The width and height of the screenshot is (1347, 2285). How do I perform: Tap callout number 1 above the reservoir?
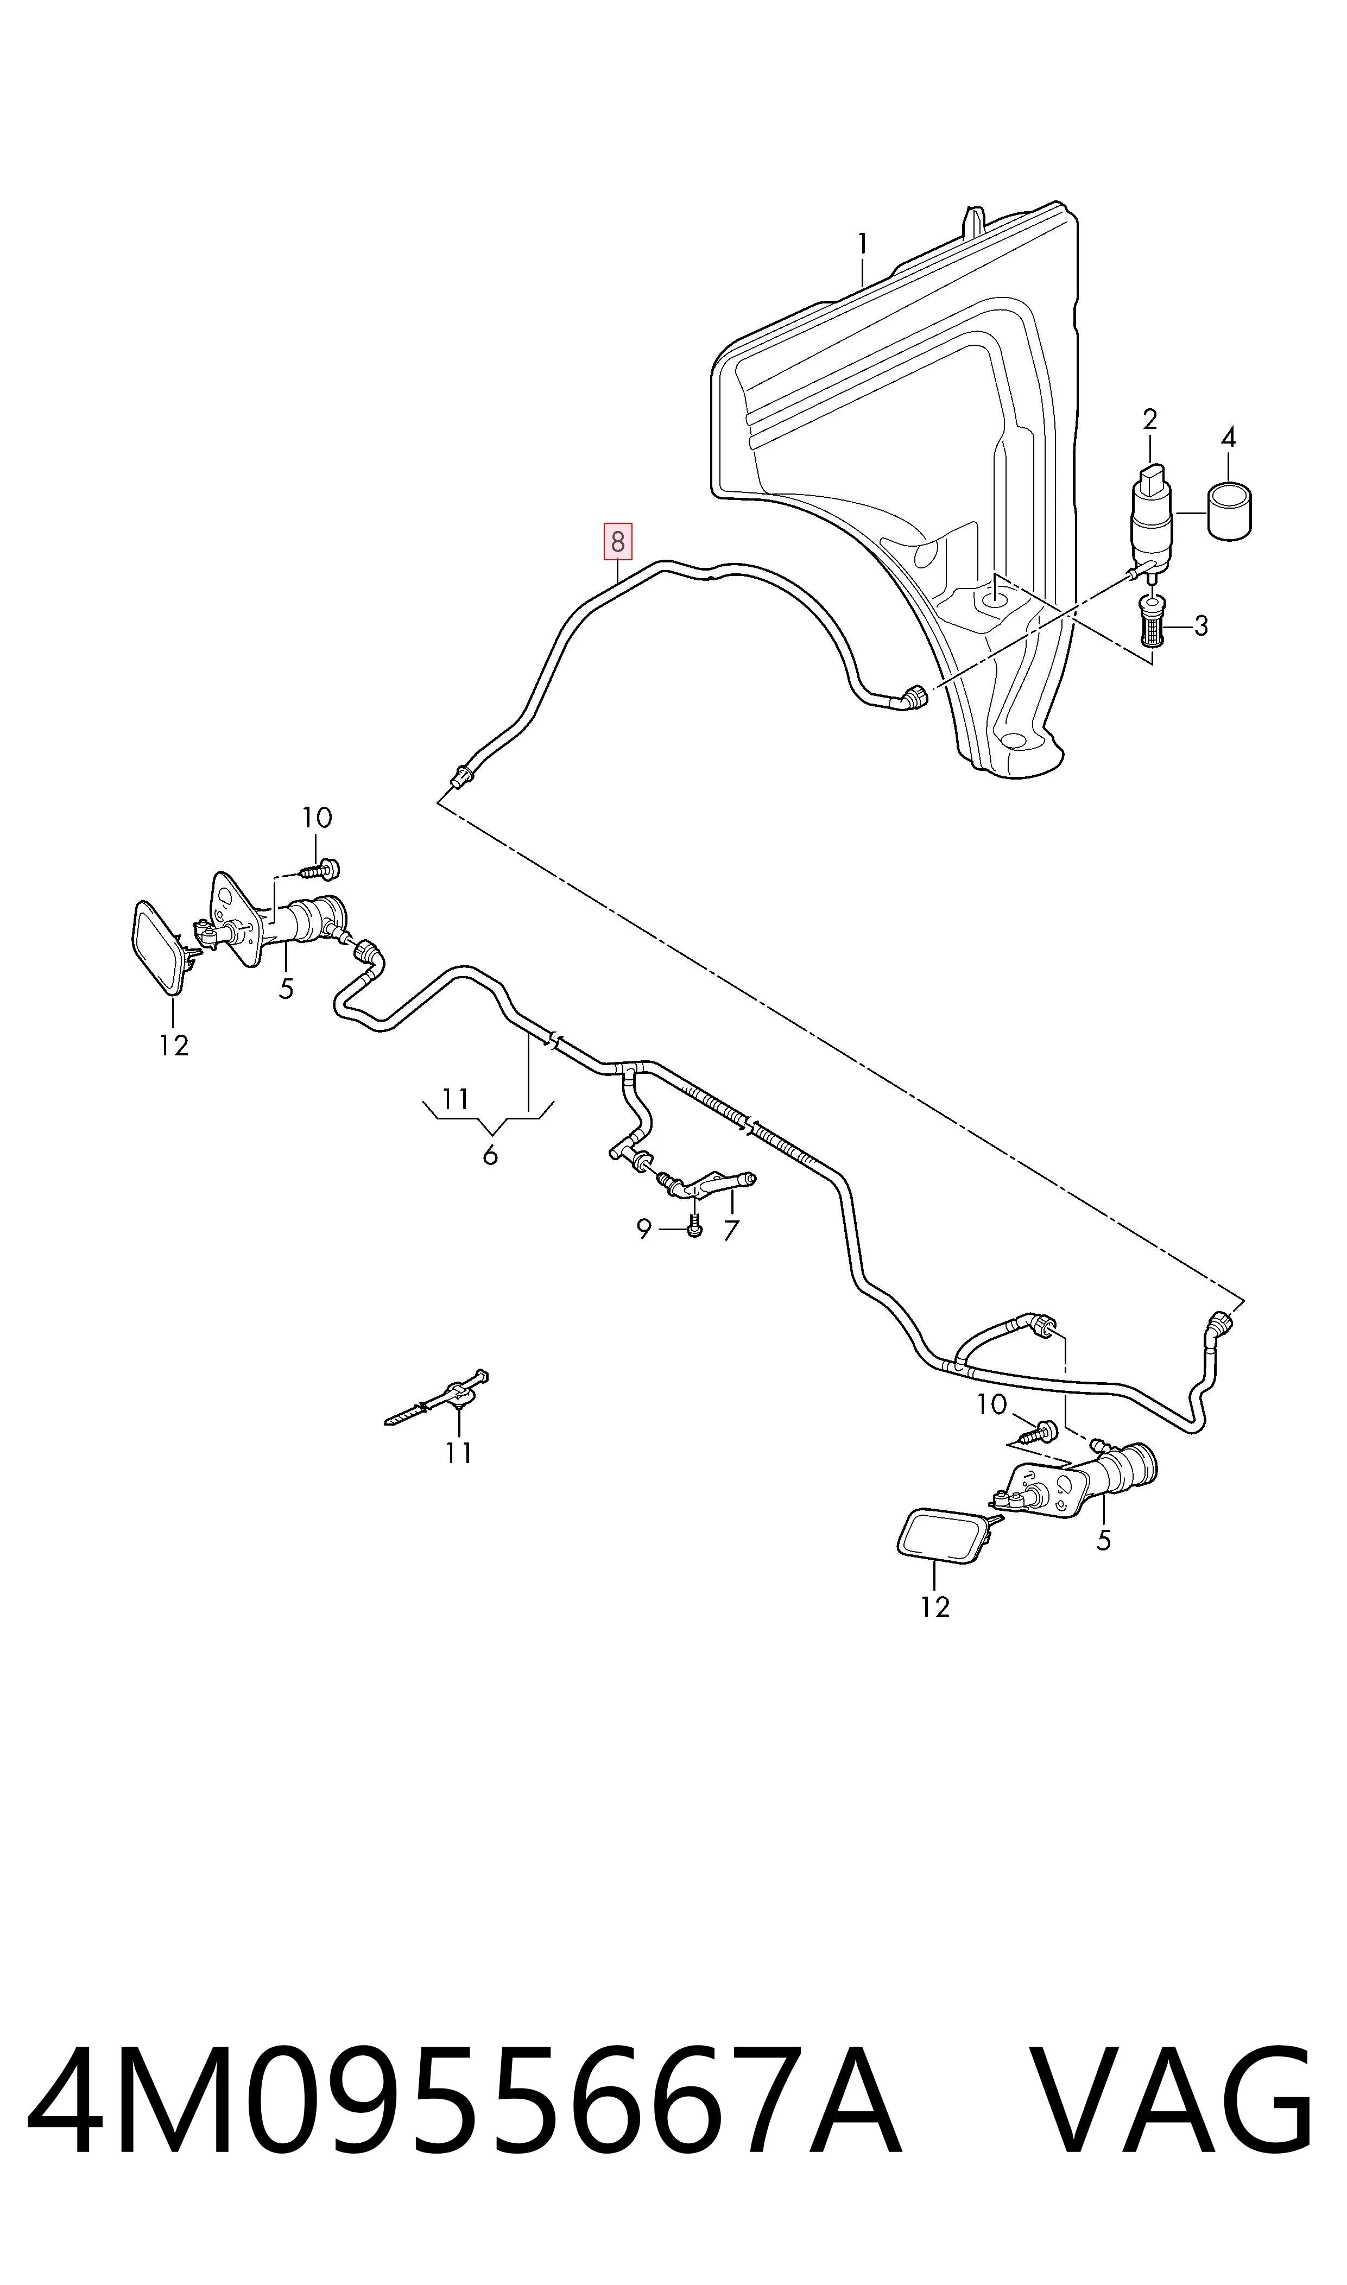point(862,244)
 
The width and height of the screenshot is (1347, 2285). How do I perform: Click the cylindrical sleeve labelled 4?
point(1229,512)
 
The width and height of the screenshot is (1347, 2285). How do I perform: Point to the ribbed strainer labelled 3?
point(1152,623)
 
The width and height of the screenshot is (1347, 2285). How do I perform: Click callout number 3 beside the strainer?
point(1201,625)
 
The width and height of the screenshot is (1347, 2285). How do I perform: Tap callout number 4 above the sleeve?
point(1228,438)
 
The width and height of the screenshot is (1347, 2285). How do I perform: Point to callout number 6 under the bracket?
point(490,1155)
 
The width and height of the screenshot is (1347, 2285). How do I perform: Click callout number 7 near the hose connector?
point(731,1231)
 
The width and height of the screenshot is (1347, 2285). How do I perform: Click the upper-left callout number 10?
point(317,818)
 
